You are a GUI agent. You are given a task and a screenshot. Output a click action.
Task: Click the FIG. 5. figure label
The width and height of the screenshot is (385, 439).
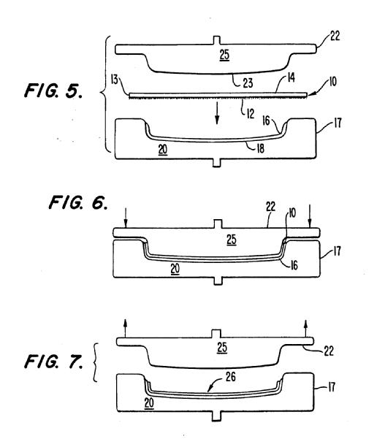[53, 91]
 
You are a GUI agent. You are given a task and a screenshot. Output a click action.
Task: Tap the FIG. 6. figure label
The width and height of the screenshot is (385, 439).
[78, 202]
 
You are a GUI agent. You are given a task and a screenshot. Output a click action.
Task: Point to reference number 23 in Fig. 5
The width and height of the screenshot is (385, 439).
[248, 83]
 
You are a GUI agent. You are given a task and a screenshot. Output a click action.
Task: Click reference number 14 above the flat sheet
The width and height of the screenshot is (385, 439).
[291, 77]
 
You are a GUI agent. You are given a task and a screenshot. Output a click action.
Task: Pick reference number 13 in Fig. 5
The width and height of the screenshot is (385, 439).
[115, 80]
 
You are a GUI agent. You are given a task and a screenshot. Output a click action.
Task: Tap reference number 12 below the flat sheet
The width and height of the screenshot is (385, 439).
[251, 114]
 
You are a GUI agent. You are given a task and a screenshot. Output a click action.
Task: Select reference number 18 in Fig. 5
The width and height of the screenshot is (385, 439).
[260, 148]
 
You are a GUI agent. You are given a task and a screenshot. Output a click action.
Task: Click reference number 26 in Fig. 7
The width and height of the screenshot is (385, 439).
[230, 377]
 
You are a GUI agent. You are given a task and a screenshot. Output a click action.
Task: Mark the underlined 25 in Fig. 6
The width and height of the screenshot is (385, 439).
[232, 240]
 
